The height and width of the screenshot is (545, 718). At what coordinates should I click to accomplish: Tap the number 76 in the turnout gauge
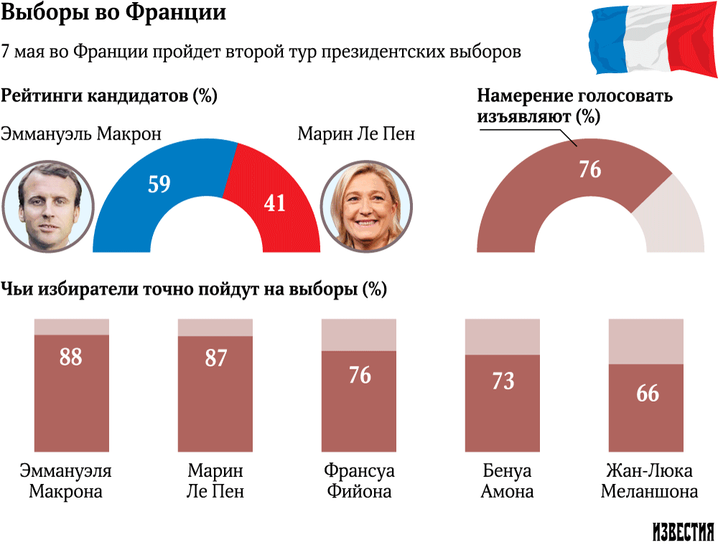coord(589,170)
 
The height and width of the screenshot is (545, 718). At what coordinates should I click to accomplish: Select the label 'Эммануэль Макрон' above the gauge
coord(80,134)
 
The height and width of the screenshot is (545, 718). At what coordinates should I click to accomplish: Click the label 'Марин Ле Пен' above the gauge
coord(356,134)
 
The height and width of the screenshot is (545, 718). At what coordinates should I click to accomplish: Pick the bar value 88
coord(70,356)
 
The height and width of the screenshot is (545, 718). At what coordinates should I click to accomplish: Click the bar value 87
coord(215,358)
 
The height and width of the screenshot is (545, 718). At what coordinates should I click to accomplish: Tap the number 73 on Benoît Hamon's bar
coord(503,380)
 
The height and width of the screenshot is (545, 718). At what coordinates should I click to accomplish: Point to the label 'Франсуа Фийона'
coord(359,481)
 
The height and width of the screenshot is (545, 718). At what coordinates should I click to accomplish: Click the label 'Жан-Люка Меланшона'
coord(648,481)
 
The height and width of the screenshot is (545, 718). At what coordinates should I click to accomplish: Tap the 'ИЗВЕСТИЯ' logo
coord(683,531)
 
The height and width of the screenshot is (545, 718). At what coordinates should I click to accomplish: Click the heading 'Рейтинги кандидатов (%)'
coord(109,96)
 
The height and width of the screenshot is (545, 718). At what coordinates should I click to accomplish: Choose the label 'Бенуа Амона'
coord(507,481)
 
